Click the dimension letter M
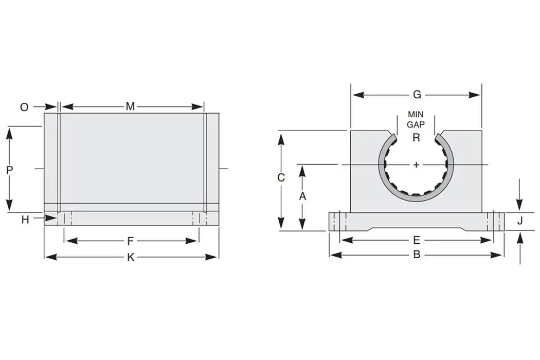point(131,106)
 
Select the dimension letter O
point(24,107)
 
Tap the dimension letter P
point(9,170)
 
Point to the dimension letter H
point(25,220)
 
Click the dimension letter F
point(131,241)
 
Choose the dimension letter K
point(131,257)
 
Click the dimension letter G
point(417,95)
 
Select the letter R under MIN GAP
point(416,137)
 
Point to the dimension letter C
point(281,178)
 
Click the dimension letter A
point(302,196)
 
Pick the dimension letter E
point(417,240)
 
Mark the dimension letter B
point(417,255)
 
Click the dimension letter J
point(520,221)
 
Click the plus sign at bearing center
point(416,165)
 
